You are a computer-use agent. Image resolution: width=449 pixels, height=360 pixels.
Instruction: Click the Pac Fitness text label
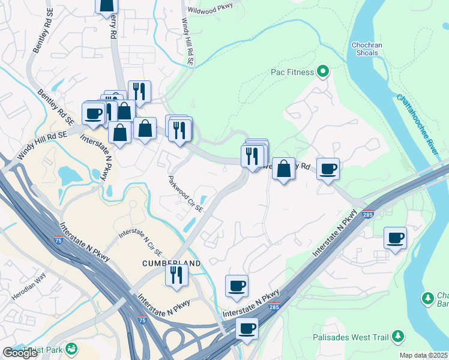pos(292,72)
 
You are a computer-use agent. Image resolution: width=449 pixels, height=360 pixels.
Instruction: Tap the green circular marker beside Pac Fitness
pos(323,72)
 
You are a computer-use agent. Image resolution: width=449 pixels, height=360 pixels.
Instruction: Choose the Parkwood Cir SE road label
pos(186,194)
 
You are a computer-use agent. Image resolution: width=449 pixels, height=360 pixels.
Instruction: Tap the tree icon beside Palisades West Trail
pos(398,337)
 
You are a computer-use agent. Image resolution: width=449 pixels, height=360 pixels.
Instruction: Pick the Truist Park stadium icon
pos(72,348)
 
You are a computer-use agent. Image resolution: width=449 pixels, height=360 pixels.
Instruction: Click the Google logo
pos(20,353)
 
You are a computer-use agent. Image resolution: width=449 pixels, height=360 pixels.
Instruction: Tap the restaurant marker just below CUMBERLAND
pos(176,275)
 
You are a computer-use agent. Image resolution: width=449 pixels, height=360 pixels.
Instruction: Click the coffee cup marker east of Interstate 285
pos(395,238)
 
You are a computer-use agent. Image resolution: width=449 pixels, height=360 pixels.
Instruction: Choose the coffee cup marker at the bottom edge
pos(246,328)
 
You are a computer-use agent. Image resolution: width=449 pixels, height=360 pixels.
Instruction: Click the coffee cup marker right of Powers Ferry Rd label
pos(328,169)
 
